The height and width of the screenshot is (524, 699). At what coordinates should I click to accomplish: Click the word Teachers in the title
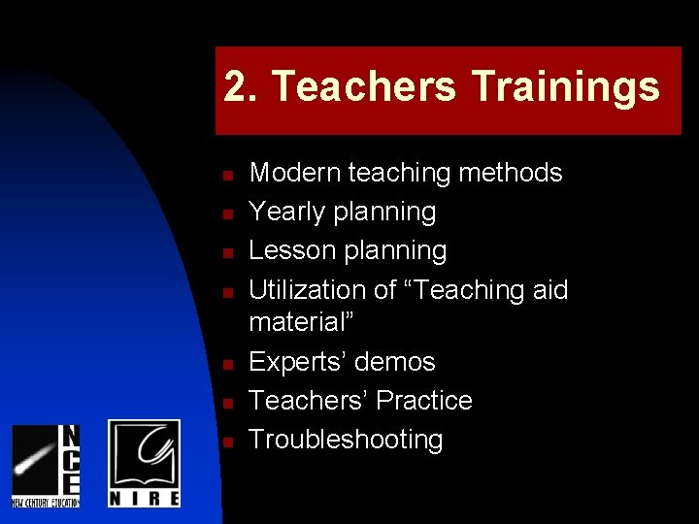364,86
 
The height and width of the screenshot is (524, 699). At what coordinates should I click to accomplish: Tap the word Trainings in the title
566,87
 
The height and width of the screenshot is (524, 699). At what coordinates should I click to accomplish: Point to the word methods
511,173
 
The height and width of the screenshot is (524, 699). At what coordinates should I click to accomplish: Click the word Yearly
284,212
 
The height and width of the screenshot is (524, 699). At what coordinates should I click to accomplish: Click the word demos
395,362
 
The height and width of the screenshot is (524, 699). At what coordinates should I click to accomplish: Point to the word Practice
424,401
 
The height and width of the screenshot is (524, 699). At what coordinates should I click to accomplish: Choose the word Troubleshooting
346,440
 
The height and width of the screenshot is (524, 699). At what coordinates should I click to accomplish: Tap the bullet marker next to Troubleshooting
224,442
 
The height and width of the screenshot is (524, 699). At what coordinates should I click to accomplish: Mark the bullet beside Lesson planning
224,253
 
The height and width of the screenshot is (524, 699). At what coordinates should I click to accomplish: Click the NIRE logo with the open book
144,463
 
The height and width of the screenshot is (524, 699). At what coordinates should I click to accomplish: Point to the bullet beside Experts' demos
224,365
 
